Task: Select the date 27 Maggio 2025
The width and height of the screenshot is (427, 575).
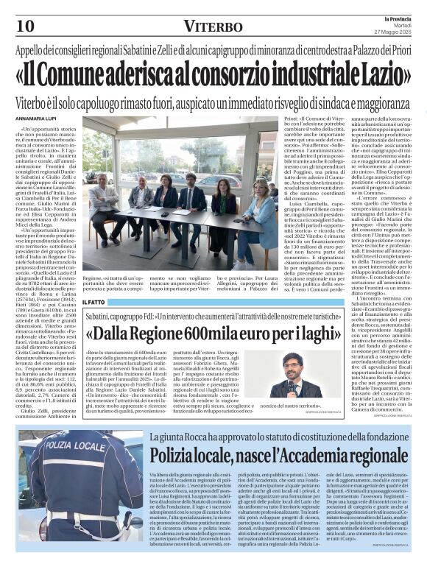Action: pyautogui.click(x=395, y=29)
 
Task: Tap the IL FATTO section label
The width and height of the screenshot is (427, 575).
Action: pyautogui.click(x=94, y=301)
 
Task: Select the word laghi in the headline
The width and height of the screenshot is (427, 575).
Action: pyautogui.click(x=312, y=334)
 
